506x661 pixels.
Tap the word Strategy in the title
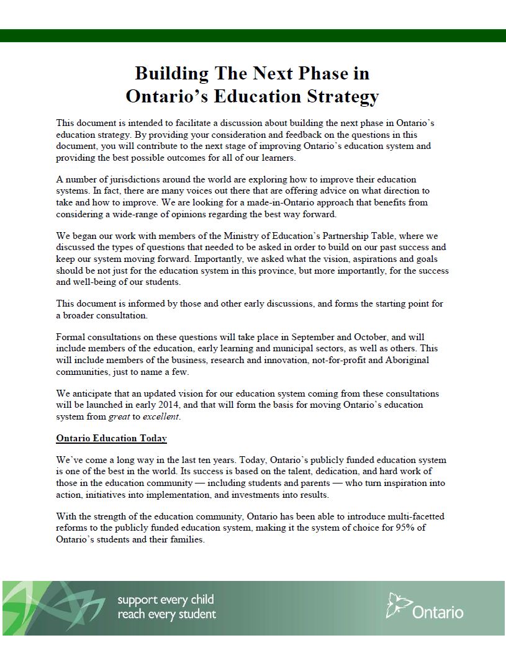(343, 97)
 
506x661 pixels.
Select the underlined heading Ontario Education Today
(111, 438)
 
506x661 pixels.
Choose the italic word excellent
(161, 416)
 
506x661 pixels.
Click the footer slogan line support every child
(166, 600)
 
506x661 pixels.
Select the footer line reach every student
(167, 614)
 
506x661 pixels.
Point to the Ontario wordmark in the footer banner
(437, 612)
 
